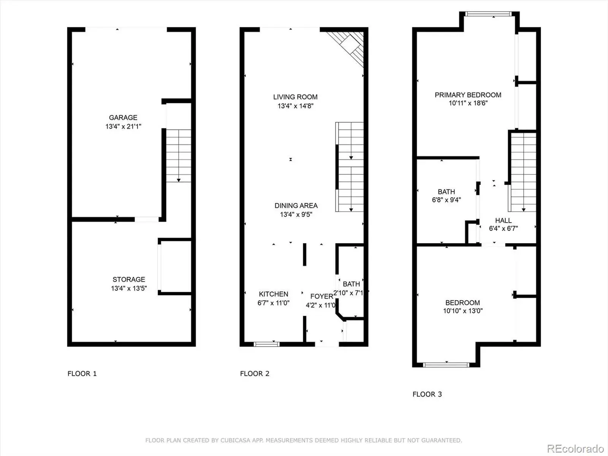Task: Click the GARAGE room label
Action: point(123,117)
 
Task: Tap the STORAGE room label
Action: point(129,279)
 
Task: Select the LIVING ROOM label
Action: point(295,97)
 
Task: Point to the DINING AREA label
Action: point(296,206)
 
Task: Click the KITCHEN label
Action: point(273,294)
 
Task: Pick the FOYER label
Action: point(321,296)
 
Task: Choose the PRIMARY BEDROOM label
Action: point(468,95)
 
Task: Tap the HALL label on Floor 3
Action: point(503,220)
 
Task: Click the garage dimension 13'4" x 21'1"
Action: point(123,127)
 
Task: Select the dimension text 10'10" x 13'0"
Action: point(463,310)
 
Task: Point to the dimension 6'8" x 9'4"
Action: point(446,199)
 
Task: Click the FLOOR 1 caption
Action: point(82,374)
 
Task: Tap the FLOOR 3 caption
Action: point(427,394)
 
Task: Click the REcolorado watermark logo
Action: point(575,448)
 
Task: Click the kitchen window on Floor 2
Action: point(266,344)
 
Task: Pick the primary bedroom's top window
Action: point(488,14)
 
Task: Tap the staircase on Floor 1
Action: point(179,155)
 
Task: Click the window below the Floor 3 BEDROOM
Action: point(446,365)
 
